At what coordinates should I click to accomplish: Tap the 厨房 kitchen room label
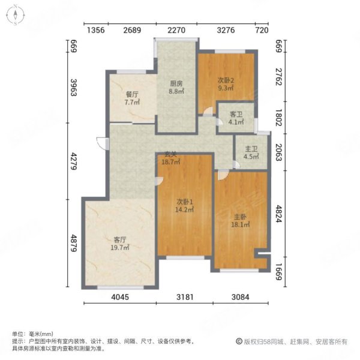point(175,84)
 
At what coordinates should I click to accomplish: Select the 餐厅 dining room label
point(132,94)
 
